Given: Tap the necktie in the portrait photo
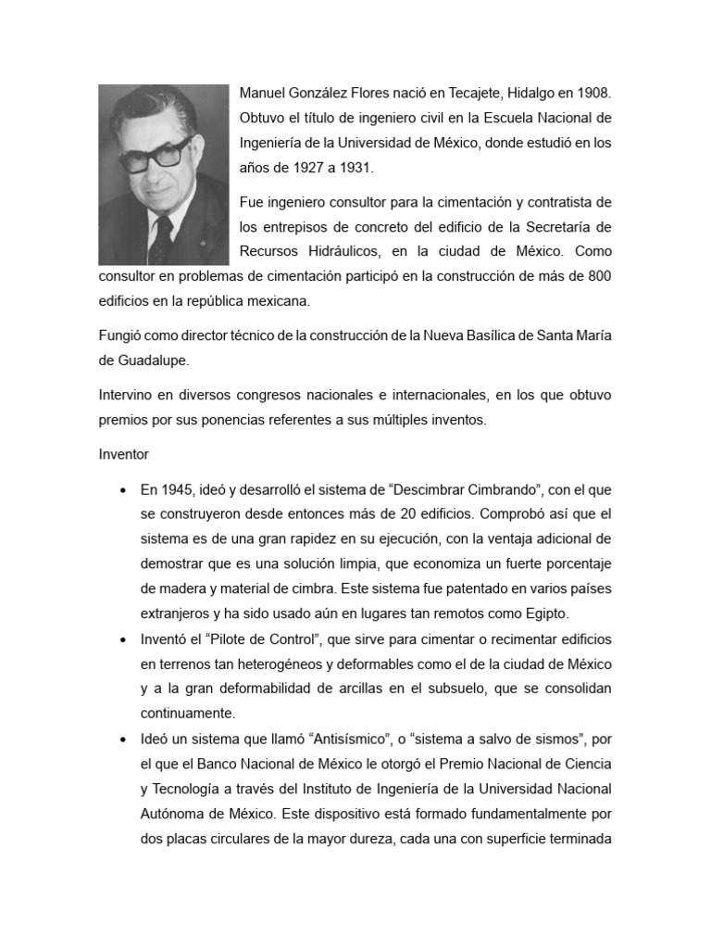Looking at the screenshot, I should click(161, 239).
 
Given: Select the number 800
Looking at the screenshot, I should click(599, 276).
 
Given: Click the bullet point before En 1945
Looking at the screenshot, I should click(123, 489).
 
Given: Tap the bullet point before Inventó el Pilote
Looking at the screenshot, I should click(123, 640).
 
